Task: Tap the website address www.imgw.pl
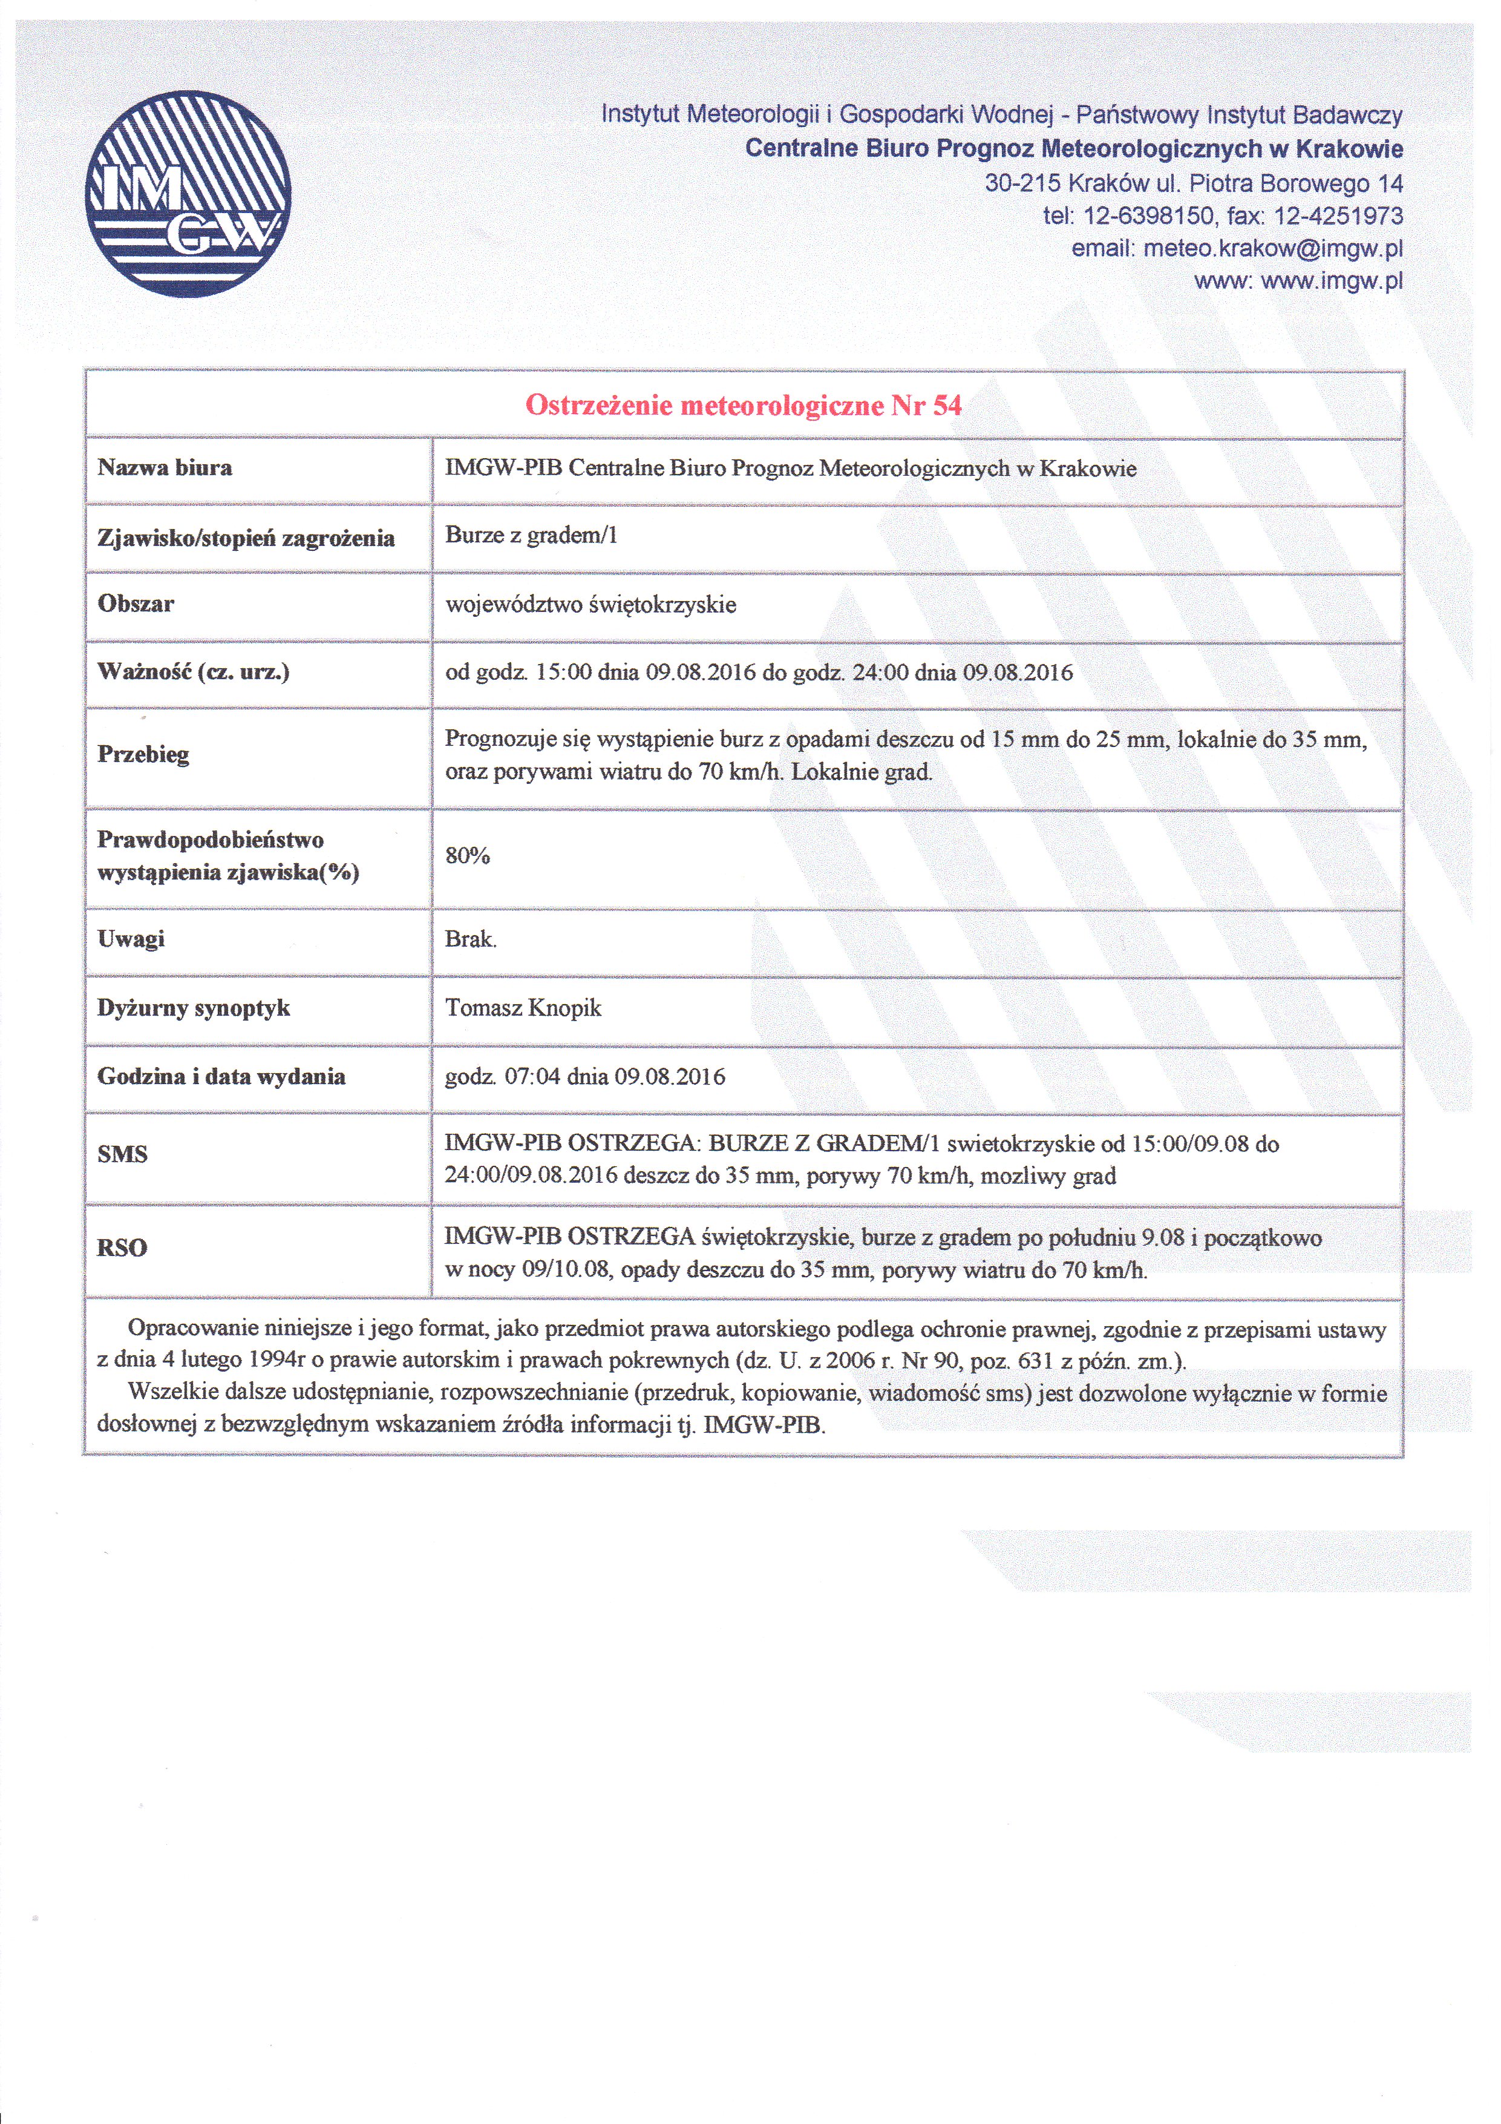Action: click(x=1331, y=280)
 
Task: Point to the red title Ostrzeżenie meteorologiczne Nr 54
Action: click(x=744, y=405)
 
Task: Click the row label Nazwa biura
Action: click(x=165, y=467)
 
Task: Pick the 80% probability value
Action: click(x=467, y=856)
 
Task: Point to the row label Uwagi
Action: click(x=131, y=939)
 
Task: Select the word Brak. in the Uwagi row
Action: click(x=471, y=939)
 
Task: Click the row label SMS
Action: click(x=122, y=1154)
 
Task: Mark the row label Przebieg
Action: click(x=143, y=754)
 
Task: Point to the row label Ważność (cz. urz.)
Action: click(x=193, y=672)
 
